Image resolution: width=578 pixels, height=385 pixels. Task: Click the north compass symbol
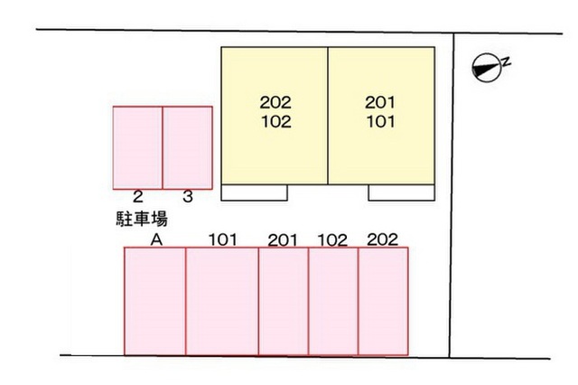[487, 68]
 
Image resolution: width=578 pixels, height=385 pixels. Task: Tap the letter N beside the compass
[507, 61]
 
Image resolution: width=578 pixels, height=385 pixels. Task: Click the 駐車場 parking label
[142, 219]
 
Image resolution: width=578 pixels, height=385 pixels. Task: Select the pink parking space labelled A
[154, 301]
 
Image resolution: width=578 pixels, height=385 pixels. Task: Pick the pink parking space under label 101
[222, 301]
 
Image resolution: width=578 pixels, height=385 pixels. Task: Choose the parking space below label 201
[284, 301]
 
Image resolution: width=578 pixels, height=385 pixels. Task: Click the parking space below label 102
[333, 301]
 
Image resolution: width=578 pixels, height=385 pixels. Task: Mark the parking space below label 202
[383, 301]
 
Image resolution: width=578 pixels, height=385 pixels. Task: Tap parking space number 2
[137, 148]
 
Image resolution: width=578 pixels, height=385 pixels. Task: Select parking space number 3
[188, 148]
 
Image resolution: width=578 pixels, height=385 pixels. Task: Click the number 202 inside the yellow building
[275, 102]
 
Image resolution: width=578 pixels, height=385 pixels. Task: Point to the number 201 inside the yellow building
[380, 102]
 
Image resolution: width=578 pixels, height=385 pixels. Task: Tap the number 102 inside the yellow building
[276, 122]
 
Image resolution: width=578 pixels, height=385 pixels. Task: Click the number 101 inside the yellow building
[381, 122]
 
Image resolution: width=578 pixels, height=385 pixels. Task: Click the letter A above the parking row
[156, 240]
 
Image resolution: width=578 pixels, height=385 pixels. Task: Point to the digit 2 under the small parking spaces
[137, 196]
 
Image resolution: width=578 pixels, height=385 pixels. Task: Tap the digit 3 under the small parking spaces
[188, 196]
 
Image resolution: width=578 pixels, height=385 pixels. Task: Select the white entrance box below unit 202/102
[255, 192]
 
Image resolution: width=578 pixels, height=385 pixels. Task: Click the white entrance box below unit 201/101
[401, 192]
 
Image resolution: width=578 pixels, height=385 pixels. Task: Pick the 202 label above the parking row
[383, 239]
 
